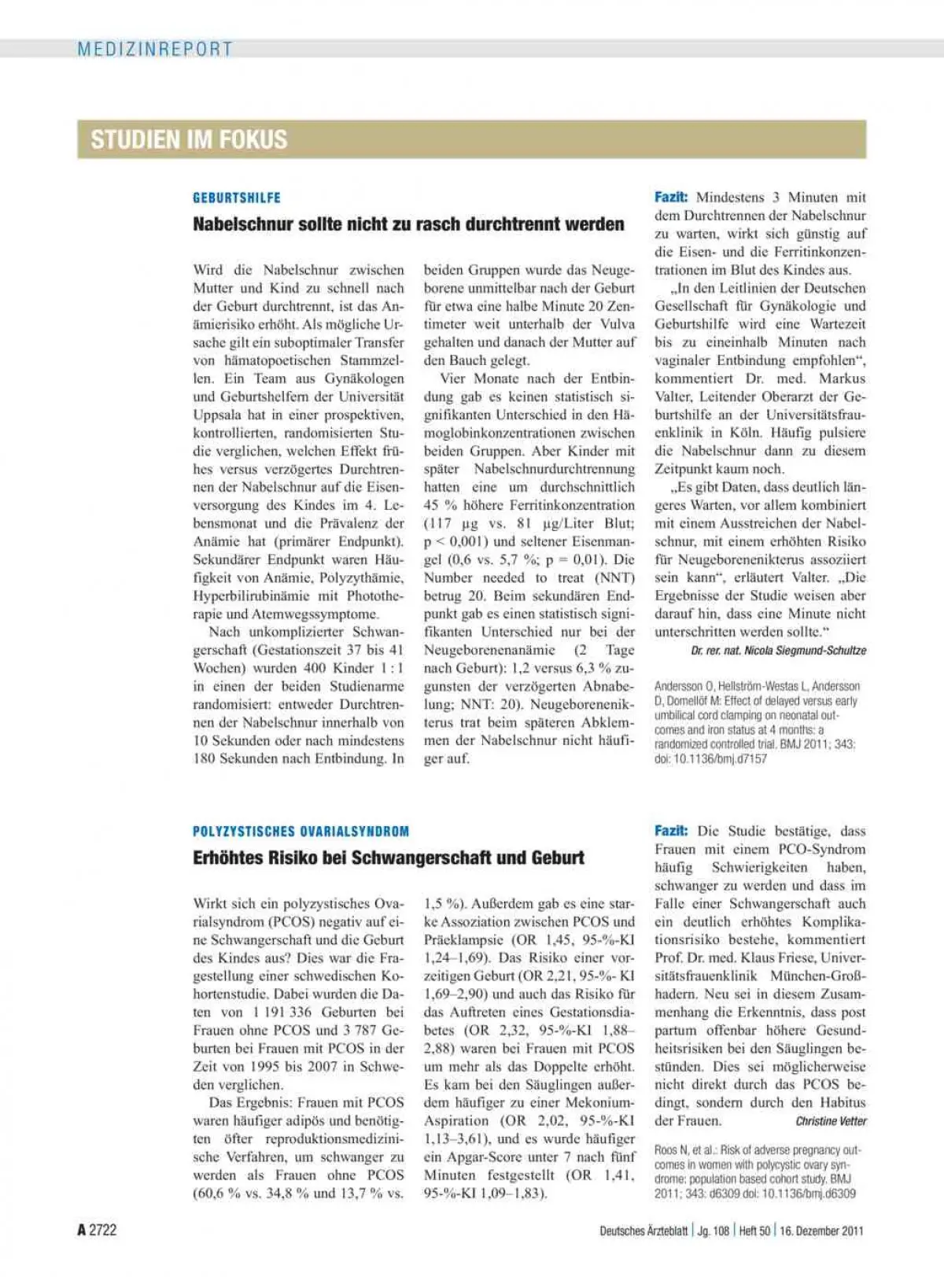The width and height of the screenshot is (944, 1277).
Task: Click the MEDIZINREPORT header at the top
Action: pos(155,49)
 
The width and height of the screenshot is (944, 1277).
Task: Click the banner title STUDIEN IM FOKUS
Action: pos(189,139)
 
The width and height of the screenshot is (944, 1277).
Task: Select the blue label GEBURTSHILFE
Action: pos(237,197)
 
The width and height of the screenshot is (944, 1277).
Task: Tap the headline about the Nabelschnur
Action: pos(408,224)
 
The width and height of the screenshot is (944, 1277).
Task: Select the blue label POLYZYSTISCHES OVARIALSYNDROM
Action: pos(301,831)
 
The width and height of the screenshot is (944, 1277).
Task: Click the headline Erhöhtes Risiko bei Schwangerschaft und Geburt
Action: pos(388,858)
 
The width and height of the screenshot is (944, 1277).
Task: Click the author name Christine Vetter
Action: pos(831,1121)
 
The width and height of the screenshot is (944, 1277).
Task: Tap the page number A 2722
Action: pos(97,1230)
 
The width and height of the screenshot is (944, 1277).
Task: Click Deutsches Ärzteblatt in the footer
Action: pos(643,1231)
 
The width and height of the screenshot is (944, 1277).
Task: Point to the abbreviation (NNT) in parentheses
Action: pos(614,578)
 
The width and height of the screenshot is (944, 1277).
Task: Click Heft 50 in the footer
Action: pos(754,1231)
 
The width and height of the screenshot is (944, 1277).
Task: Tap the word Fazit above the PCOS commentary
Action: pos(671,831)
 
